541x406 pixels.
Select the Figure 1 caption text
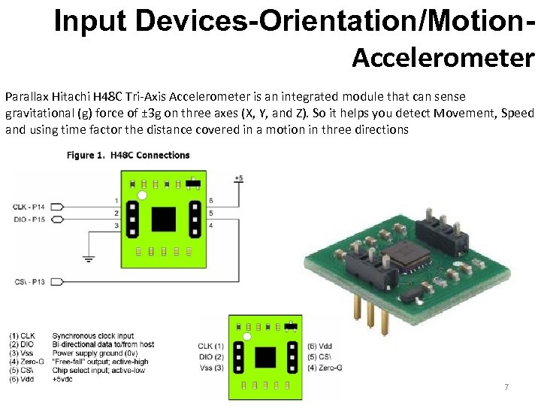[x=128, y=156]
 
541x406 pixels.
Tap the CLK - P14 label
[x=29, y=205]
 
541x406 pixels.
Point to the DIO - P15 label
[x=29, y=219]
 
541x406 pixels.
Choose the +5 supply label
[x=238, y=178]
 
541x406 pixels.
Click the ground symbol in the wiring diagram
[x=89, y=260]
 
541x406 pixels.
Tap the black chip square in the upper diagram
[x=163, y=219]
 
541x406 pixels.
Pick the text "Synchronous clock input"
[x=92, y=335]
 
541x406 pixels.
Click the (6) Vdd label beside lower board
[x=321, y=345]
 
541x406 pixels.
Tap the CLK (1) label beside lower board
[x=209, y=346]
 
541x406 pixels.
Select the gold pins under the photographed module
[x=367, y=316]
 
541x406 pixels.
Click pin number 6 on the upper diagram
[x=210, y=201]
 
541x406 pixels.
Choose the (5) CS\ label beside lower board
[x=321, y=356]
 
